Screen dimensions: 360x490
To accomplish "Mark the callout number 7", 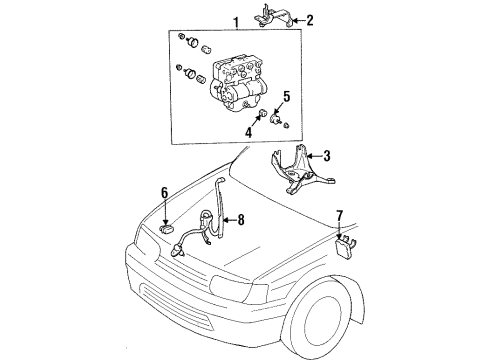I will pos(340,242).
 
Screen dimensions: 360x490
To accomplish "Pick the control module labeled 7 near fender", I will pos(346,269).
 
